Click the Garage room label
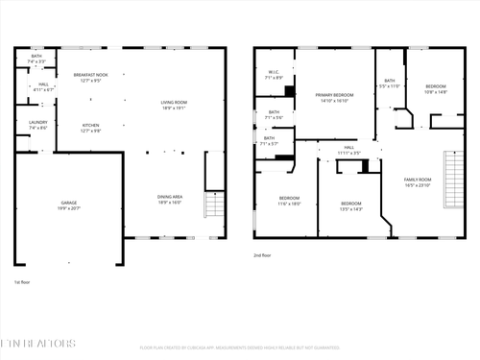pos(69,204)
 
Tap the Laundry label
pos(37,125)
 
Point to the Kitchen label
pos(90,128)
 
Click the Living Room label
pos(174,105)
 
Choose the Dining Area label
pos(170,200)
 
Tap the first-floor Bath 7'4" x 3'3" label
pos(36,59)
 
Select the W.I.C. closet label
pos(273,75)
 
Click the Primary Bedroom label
pos(336,97)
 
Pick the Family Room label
pos(417,181)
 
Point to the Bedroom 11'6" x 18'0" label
pos(289,201)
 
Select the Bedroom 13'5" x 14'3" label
pos(351,204)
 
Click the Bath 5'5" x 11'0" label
pos(389,84)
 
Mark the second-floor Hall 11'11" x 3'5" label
pos(348,150)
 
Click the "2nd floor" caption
pos(262,255)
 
